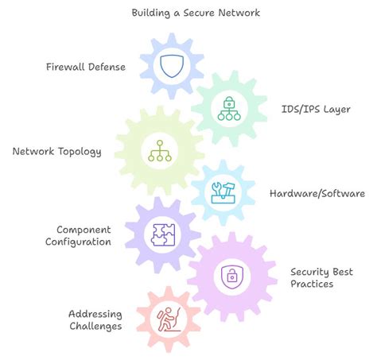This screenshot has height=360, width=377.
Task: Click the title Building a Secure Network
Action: (195, 13)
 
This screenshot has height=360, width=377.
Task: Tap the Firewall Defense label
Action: (85, 67)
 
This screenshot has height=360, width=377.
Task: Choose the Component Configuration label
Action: (79, 235)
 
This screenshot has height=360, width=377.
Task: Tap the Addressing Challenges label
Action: (95, 319)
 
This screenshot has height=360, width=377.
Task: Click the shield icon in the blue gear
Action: (173, 66)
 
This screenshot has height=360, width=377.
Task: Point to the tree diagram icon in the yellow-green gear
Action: (160, 150)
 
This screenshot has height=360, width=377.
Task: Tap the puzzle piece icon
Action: (164, 234)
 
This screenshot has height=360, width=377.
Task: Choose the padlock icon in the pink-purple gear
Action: (230, 276)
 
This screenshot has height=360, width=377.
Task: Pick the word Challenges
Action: (95, 326)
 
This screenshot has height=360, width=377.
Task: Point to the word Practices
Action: (312, 284)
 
